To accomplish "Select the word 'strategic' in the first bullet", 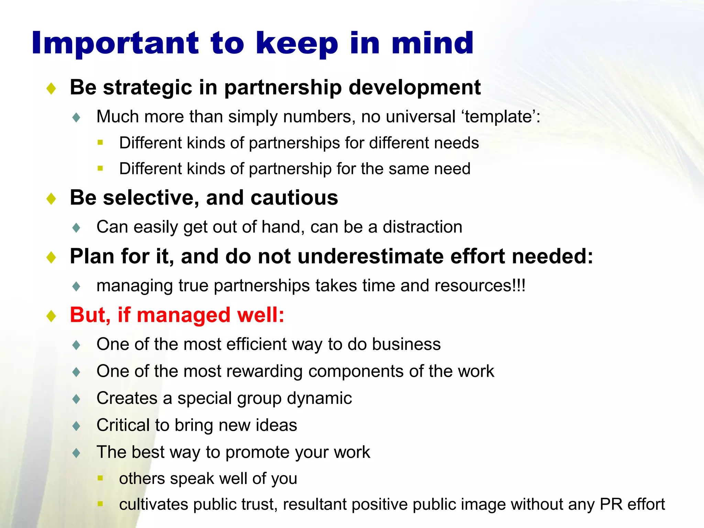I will click(147, 88).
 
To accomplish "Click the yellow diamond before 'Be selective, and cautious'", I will click(51, 198).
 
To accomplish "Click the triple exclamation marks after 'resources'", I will click(519, 286).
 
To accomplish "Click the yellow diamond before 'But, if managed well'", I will click(51, 316).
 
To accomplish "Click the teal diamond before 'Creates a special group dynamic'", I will click(76, 399).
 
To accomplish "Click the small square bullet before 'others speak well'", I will click(100, 478).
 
